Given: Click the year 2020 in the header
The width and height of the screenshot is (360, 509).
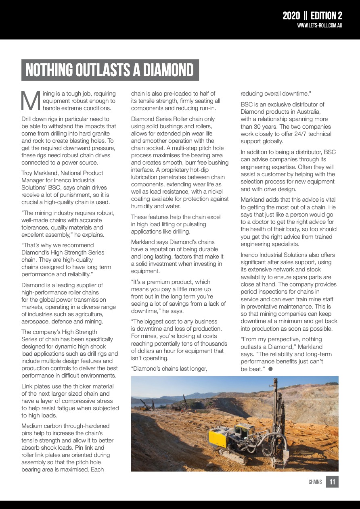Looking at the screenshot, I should [x=291, y=16].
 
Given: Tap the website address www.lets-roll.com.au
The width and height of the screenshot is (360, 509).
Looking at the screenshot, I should [x=320, y=25].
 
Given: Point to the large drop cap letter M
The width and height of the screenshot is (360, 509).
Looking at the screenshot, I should [x=30, y=100].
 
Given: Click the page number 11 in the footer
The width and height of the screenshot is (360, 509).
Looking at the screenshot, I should [x=332, y=482].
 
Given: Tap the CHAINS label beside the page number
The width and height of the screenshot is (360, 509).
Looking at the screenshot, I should [x=315, y=482].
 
